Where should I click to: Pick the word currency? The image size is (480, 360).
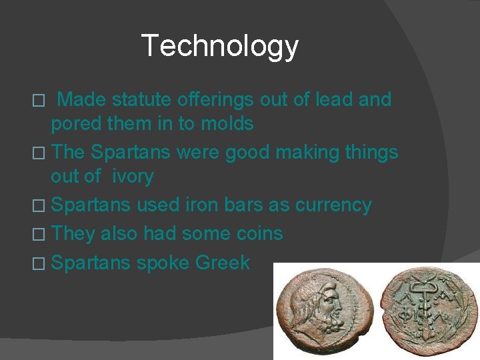pos(333,205)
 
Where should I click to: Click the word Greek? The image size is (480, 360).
pos(223,263)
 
